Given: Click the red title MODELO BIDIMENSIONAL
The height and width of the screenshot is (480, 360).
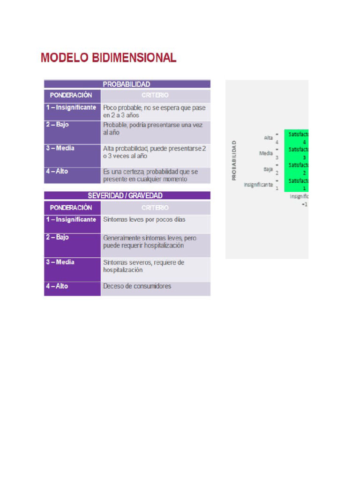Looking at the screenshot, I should tap(108, 58).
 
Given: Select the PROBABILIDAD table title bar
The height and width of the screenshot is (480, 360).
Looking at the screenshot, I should tap(127, 84).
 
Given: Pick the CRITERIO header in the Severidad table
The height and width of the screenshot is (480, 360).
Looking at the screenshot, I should tap(155, 207).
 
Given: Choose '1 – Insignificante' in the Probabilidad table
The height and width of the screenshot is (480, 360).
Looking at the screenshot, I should tap(71, 107).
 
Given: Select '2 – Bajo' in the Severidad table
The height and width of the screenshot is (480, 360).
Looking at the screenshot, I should tap(57, 237).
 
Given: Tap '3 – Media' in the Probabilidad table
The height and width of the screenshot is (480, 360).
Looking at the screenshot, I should tap(60, 148).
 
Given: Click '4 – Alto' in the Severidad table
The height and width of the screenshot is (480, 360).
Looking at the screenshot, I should tap(57, 286).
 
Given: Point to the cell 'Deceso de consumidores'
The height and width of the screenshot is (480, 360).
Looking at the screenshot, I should tap(137, 286).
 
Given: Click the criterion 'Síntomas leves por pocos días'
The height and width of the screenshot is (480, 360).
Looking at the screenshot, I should tap(144, 219).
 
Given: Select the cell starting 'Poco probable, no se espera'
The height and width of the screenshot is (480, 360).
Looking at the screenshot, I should tap(154, 111).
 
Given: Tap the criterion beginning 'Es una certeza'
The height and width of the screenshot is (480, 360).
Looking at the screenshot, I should tap(150, 175).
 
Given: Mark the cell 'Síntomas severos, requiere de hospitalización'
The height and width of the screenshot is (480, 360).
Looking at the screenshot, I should tap(143, 266).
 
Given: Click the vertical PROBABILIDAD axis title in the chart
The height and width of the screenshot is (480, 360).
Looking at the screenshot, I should tap(234, 160).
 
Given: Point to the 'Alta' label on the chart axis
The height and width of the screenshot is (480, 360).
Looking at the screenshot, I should tap(269, 137).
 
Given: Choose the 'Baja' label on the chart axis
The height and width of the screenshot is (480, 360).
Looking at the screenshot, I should tap(268, 168).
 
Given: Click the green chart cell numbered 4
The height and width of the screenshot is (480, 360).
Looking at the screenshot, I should tap(299, 138).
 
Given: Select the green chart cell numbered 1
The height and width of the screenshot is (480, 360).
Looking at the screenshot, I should tap(299, 184).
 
